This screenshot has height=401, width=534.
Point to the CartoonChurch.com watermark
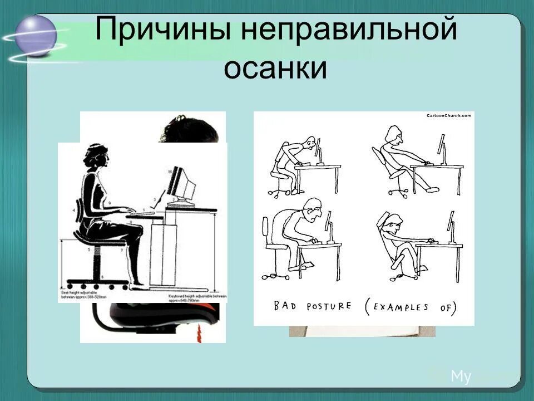pyautogui.click(x=448, y=116)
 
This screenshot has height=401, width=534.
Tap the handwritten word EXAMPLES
pyautogui.click(x=403, y=307)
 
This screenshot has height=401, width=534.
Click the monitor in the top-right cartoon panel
pyautogui.click(x=443, y=148)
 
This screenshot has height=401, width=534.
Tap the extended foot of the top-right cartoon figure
pyautogui.click(x=432, y=189)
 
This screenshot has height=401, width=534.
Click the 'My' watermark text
pyautogui.click(x=461, y=377)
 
